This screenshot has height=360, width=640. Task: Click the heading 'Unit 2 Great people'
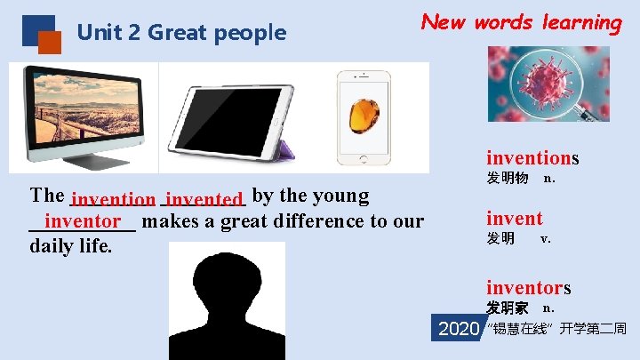click(x=181, y=34)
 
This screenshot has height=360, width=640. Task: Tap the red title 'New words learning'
click(x=521, y=22)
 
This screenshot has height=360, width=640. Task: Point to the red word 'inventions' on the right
click(x=532, y=158)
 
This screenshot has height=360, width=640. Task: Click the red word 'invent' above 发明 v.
click(x=514, y=218)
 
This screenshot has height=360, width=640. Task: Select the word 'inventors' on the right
click(x=528, y=287)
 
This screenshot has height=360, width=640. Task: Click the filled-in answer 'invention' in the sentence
click(x=114, y=201)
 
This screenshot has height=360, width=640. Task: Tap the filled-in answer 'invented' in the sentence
click(x=204, y=200)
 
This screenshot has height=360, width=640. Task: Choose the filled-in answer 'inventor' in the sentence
click(x=83, y=220)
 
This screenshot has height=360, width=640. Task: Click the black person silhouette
click(x=227, y=300)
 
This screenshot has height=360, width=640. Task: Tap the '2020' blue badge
click(x=459, y=329)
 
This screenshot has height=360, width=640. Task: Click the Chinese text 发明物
click(x=507, y=179)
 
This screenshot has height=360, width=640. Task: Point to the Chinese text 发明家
click(x=507, y=308)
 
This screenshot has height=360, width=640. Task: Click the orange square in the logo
click(x=50, y=42)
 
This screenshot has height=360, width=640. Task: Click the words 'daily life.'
click(x=71, y=246)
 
